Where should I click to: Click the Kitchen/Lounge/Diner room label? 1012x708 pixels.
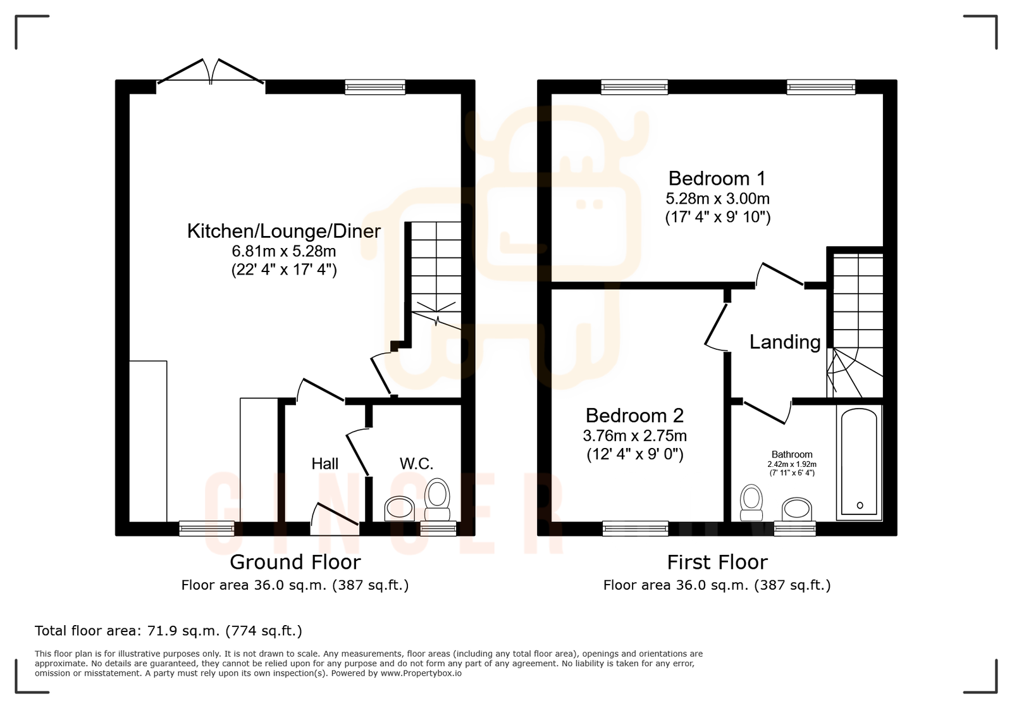coord(284,231)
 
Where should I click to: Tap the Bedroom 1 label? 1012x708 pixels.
coord(717,178)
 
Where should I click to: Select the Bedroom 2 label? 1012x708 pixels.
coord(634,416)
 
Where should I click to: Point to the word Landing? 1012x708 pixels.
coord(784,342)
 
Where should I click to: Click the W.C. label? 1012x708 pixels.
coord(416,464)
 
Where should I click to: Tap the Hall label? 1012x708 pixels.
coord(324,464)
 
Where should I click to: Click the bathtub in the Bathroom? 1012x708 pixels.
coord(859,462)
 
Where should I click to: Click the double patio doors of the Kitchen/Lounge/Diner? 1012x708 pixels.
coord(211,72)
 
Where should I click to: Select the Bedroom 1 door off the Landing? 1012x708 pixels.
coord(781,275)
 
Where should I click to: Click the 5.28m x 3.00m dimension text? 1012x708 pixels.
coord(717,199)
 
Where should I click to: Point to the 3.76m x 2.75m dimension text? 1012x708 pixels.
coord(634,436)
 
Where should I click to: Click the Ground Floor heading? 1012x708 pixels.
coord(295,562)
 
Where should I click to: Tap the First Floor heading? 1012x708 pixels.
coord(717,562)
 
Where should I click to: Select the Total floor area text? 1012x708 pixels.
coord(168,631)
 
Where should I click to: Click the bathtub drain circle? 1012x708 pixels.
coord(860,505)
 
